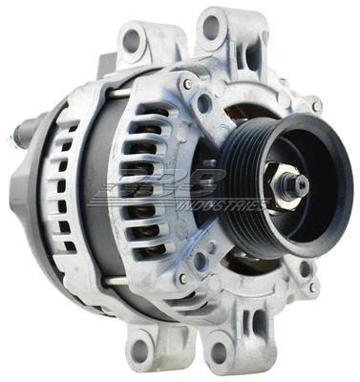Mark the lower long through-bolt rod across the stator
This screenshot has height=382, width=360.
tap(119, 283)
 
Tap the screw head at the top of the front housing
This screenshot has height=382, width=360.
tap(189, 84)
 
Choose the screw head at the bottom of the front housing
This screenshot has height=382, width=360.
tap(181, 280)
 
